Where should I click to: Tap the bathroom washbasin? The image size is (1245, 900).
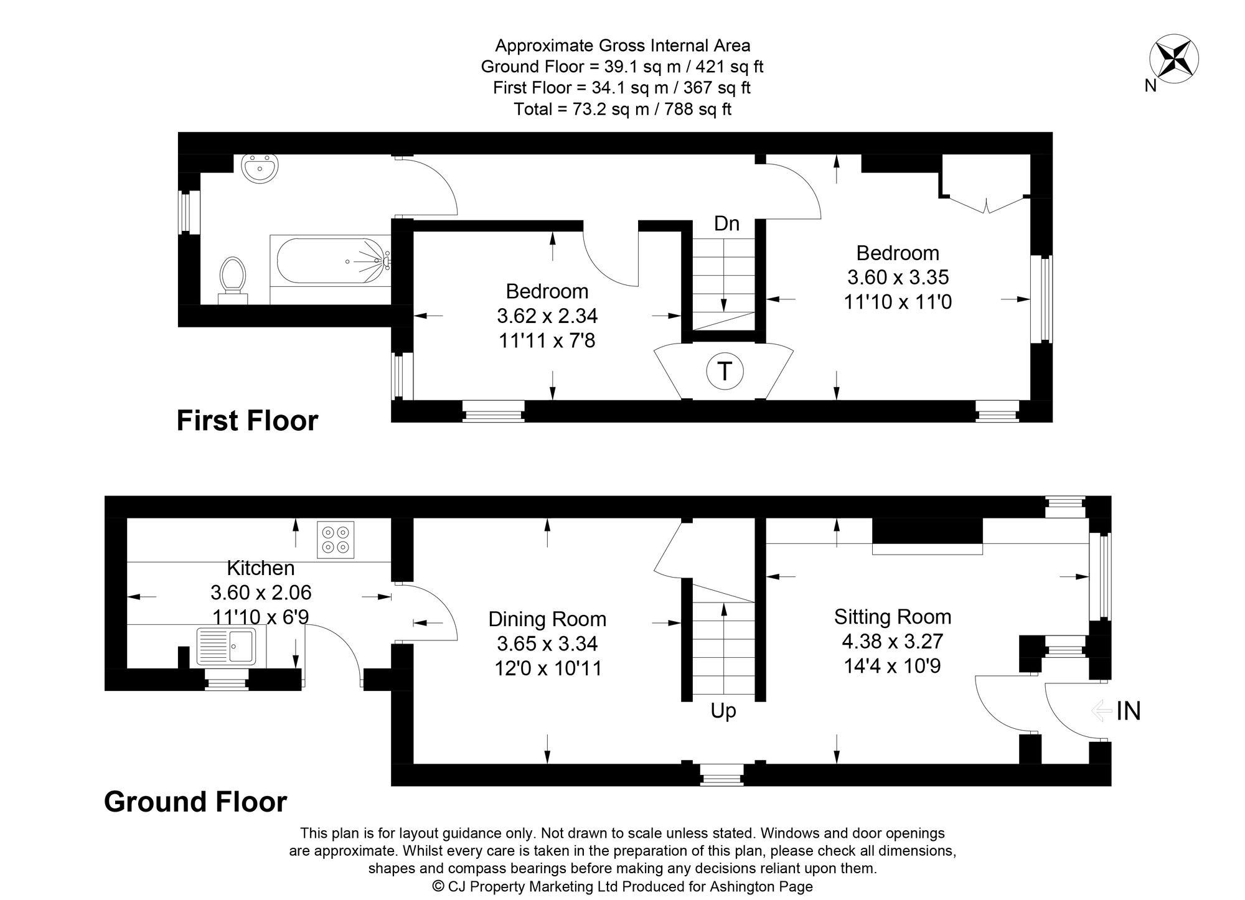pos(260,168)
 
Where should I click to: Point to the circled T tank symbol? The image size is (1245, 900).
pos(724,372)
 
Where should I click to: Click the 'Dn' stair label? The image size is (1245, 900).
pos(726,223)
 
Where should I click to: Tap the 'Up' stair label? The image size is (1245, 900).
pos(723,711)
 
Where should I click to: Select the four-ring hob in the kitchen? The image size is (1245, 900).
pos(336,540)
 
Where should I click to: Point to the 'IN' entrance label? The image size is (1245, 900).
pos(1129,711)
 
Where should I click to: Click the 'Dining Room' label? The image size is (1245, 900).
pos(547,619)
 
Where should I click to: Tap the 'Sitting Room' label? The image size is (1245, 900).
pos(893,617)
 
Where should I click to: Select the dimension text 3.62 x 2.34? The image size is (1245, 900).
pos(547,316)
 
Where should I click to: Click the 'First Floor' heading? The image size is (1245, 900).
pos(247,421)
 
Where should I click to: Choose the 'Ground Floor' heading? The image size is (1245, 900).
pos(195,802)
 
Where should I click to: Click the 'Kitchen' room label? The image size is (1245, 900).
pos(260,568)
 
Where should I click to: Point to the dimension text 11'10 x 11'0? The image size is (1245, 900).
pos(898,302)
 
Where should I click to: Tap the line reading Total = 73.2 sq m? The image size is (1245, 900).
pos(622,110)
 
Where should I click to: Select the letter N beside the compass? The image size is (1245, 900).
pos(1150,87)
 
